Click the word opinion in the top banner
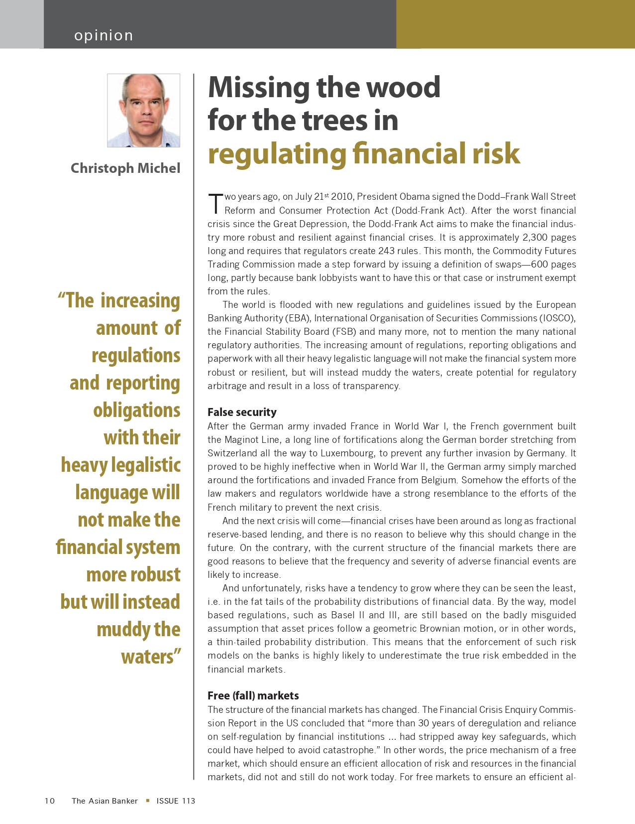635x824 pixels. pos(104,35)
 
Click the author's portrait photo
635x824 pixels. pos(143,111)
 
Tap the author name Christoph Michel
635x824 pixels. pos(125,168)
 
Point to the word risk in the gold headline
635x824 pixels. pos(496,153)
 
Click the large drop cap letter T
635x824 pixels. pos(215,203)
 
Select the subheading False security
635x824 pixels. pos(242,412)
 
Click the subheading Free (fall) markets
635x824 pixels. pos(253,695)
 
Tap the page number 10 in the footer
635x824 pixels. pos(50,801)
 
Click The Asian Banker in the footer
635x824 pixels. pos(105,801)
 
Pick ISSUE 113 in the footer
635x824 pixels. pos(176,801)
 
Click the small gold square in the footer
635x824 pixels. pos(147,801)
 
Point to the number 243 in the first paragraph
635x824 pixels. pos(386,251)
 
